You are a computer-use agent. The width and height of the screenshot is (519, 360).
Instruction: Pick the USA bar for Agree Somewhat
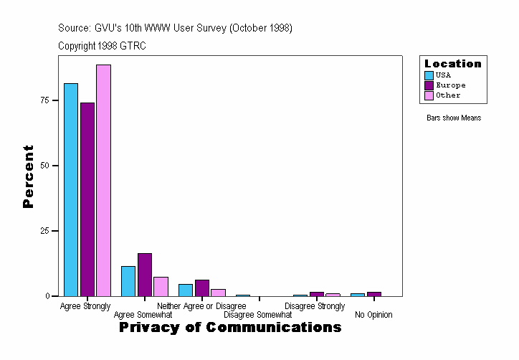128,281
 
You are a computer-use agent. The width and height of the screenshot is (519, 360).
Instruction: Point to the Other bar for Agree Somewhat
161,286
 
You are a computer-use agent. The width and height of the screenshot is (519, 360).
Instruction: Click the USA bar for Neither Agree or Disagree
186,290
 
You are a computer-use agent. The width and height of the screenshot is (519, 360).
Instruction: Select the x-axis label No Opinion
373,315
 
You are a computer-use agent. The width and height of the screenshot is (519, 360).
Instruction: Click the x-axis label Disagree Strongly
315,306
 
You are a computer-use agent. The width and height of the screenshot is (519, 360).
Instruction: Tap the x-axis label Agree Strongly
85,306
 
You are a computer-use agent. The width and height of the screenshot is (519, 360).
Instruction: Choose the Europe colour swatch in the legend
429,85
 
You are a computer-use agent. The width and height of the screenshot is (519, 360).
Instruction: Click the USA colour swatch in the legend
429,75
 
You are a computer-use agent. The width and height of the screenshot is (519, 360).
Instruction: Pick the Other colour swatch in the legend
429,95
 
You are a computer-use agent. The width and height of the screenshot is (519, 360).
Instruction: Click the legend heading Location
453,64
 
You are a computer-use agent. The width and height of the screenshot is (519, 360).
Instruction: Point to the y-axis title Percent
28,176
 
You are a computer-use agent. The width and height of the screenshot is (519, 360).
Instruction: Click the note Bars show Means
454,118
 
